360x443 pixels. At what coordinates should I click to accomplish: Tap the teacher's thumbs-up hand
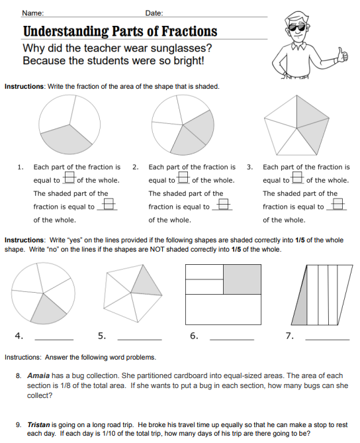(342, 55)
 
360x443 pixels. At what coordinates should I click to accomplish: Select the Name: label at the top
(32, 13)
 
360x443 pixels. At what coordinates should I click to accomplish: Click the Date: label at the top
(154, 13)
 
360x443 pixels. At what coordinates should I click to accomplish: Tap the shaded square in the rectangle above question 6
(242, 279)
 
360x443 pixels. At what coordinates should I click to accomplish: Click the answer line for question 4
(54, 339)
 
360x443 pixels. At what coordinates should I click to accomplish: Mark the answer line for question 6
(232, 339)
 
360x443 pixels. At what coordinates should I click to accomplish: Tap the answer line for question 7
(328, 339)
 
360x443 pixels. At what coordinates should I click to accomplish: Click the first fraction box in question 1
(69, 177)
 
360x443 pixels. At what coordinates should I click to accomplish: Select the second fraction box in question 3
(337, 204)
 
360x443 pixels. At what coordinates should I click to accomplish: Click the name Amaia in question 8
(38, 375)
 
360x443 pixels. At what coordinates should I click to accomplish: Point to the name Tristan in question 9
(38, 424)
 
